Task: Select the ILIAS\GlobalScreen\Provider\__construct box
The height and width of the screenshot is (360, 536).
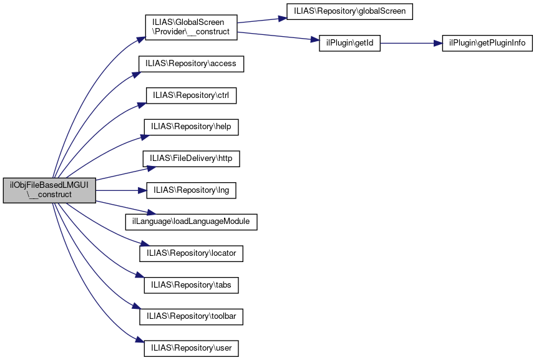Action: (191, 27)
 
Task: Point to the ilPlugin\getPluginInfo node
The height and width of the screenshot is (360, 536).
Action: (487, 44)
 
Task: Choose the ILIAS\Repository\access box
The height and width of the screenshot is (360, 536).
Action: (191, 64)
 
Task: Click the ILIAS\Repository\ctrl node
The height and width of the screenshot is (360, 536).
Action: (191, 95)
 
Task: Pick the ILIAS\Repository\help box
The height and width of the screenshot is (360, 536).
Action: (191, 127)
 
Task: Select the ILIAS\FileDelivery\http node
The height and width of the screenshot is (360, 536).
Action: (191, 158)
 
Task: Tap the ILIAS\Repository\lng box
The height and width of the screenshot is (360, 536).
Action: (191, 190)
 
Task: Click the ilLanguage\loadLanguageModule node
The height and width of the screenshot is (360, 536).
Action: (191, 221)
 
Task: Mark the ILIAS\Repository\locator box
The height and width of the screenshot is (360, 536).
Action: (191, 253)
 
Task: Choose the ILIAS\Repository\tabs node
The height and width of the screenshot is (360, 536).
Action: (191, 285)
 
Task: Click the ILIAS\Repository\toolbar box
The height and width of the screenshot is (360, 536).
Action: (191, 316)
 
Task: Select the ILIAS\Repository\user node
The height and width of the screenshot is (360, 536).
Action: (191, 348)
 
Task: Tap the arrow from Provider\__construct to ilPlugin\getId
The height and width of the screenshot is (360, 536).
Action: (275, 36)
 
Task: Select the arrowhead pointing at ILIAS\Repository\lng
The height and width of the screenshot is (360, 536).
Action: (142, 190)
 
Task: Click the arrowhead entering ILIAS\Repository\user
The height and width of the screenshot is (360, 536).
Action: (140, 341)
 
